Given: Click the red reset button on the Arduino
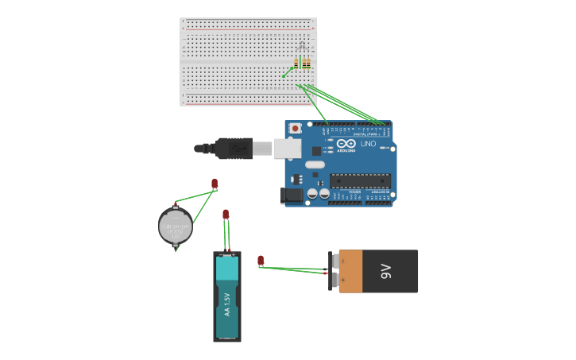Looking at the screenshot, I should coord(296,127).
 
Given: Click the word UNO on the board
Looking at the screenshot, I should coord(368,145).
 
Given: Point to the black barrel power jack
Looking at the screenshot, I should coord(292,194).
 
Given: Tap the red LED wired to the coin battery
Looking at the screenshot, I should coord(215,184).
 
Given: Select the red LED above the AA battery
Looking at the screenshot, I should coord(226,214).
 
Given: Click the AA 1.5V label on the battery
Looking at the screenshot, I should coord(226,304).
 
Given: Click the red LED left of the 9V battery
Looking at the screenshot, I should coord(261,260).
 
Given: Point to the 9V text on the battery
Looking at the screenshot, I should coord(386,271).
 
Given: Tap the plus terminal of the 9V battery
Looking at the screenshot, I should coord(334,260).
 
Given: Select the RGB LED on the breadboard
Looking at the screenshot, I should coord(302,46).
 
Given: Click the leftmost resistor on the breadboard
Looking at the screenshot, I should coord(296,63).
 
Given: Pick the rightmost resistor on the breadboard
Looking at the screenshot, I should coord(307,63).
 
